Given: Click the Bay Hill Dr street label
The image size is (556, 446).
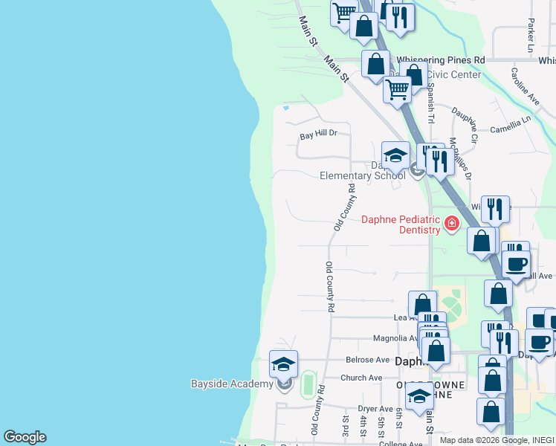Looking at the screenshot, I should [318, 135].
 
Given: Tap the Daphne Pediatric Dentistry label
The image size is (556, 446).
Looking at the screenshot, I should [401, 224].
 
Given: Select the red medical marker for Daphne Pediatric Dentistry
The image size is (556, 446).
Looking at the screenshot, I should [451, 223].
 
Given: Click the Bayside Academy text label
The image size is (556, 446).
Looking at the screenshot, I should [232, 384].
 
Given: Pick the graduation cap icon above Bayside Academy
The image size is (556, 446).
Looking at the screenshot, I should [283, 364].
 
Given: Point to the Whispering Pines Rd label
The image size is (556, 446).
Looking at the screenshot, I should [440, 59].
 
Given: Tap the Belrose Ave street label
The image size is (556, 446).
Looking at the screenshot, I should [368, 360].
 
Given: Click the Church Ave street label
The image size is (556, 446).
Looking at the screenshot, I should [361, 378].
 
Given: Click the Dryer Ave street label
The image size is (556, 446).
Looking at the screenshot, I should [375, 409].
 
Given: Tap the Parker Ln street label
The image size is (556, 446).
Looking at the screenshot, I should [531, 36].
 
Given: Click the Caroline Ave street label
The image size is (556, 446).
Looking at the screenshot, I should [524, 86].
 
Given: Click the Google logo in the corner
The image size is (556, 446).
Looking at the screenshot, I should [25, 437].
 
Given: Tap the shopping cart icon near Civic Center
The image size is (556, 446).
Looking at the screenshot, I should [398, 89].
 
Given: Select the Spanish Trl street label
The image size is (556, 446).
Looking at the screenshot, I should [430, 102].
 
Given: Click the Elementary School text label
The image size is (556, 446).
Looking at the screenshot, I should [362, 176].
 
